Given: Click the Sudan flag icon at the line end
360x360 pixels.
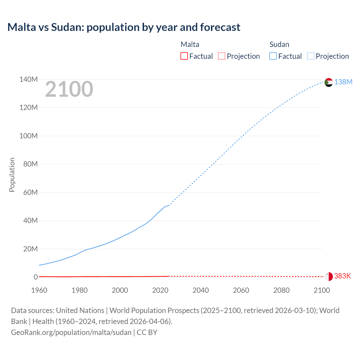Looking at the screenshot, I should (328, 82).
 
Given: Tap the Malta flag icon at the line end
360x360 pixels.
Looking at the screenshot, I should (328, 276).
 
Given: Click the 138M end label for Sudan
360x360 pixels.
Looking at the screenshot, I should (343, 82).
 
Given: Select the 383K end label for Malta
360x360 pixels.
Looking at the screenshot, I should (343, 276).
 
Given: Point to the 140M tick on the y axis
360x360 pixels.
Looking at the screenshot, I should (28, 79).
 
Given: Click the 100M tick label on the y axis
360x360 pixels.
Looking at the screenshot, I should (28, 136).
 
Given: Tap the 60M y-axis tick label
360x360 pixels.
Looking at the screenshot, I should (30, 192).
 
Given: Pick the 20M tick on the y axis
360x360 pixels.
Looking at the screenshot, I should (30, 249).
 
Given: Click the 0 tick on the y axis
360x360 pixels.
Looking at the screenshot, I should (36, 277).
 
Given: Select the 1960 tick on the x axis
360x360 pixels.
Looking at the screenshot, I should (39, 290).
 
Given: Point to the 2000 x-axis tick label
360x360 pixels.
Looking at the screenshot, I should (120, 290).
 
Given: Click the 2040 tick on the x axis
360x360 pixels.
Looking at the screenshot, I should (201, 290).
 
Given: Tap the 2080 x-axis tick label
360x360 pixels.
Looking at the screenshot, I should (281, 290).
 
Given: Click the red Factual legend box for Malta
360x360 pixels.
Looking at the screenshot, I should (184, 56).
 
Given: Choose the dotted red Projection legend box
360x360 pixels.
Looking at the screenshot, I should (222, 56).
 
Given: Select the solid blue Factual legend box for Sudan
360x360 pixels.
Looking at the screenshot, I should (273, 56).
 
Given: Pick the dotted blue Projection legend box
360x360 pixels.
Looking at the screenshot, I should (311, 56).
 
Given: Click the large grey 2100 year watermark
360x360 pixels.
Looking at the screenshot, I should (69, 89).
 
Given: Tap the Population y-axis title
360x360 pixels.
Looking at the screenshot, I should (12, 175).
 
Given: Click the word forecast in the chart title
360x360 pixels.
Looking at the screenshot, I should (220, 27).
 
